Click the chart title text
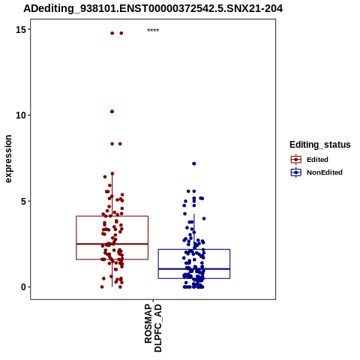point(153,8)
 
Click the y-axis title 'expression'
point(8,159)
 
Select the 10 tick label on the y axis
point(21,115)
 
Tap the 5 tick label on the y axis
point(23,201)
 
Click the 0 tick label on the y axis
point(23,287)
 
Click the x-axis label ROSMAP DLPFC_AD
point(153,328)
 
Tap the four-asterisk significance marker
point(153,31)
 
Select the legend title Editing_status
point(320,145)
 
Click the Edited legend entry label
point(317,160)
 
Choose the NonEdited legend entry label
point(325,172)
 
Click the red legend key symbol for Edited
point(296,160)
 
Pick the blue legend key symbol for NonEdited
point(296,172)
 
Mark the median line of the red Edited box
point(112,244)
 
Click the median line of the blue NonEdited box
point(194,269)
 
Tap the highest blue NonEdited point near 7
point(194,163)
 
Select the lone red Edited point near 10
point(112,112)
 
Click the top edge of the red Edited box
point(112,216)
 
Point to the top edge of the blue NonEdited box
point(194,250)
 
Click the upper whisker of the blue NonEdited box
point(194,232)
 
